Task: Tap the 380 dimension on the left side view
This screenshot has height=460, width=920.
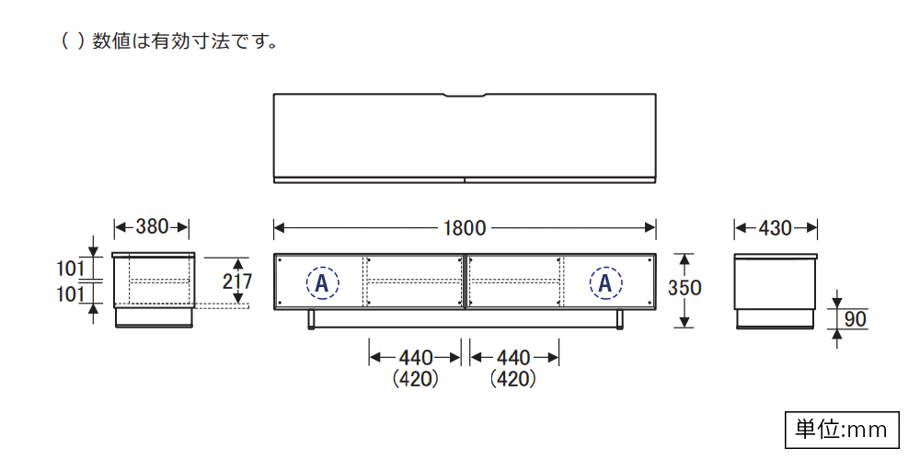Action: click(x=152, y=226)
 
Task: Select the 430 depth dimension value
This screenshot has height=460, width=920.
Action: click(x=775, y=228)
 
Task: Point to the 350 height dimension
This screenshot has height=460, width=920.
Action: click(x=684, y=287)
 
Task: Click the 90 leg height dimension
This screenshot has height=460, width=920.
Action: click(x=856, y=320)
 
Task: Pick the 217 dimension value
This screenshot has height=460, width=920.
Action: click(x=237, y=282)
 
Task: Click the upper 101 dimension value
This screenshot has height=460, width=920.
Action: click(x=70, y=270)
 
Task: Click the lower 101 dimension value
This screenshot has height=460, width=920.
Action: click(x=70, y=294)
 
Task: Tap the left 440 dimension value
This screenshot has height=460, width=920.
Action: click(x=416, y=357)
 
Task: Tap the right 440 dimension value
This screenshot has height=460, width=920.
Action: click(x=512, y=357)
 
